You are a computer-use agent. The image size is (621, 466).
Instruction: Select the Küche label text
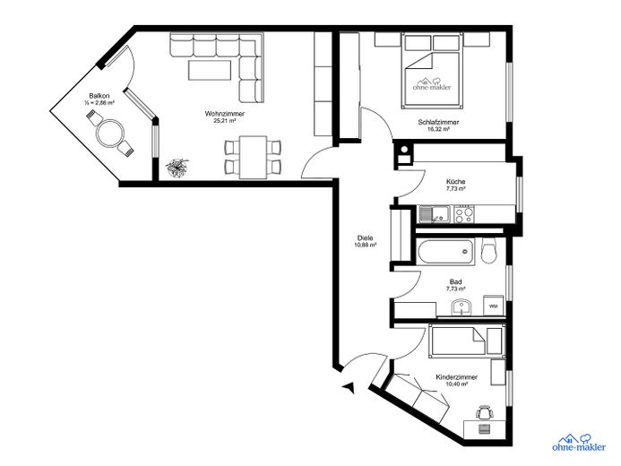(455, 182)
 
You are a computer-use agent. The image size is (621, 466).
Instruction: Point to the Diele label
(365, 238)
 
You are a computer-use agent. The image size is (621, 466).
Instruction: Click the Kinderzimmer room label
(456, 377)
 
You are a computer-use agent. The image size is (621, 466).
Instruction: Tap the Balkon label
(99, 96)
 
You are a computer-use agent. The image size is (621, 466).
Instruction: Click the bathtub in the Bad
(445, 251)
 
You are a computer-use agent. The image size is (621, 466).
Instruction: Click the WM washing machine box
(492, 306)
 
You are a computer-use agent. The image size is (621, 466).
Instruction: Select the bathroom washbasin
(461, 307)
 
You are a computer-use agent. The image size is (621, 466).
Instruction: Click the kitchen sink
(435, 214)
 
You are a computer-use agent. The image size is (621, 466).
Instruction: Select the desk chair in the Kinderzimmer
(485, 413)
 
